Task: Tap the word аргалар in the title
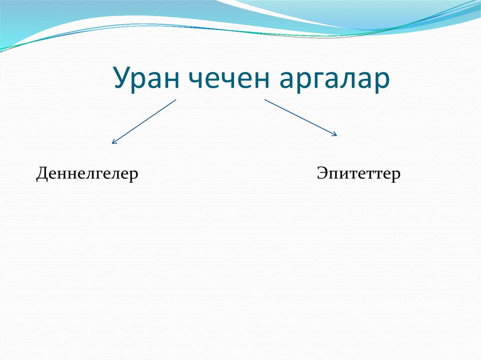[334, 80]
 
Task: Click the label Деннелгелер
[87, 174]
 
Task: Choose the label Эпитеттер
[358, 174]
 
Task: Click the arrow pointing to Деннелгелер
[144, 121]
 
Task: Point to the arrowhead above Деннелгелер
[113, 142]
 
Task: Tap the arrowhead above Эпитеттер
[335, 135]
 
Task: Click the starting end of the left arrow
[176, 100]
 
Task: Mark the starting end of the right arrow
[265, 100]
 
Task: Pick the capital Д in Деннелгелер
[42, 174]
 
